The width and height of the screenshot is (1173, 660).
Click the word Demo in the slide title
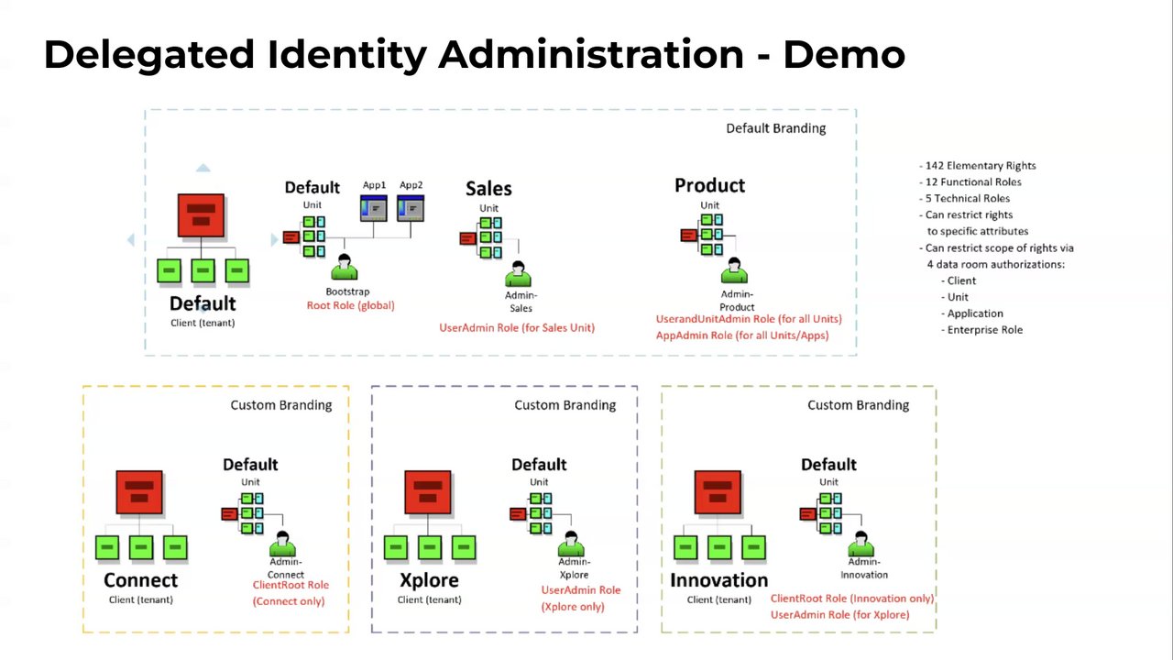coord(843,55)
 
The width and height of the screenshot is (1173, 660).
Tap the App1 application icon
coord(373,208)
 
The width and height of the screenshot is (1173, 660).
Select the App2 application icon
coord(411,208)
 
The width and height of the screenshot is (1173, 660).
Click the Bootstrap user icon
coord(345,268)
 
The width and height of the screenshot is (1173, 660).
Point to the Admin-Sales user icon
coord(519,274)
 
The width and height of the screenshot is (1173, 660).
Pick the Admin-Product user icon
coord(735,271)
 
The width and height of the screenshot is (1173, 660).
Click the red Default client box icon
coord(202,216)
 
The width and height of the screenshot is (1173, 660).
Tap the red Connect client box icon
coord(139,492)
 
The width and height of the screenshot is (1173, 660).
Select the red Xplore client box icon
coord(428,492)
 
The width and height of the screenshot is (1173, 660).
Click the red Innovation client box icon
coord(718,492)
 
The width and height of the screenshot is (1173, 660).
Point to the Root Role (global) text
coord(350,305)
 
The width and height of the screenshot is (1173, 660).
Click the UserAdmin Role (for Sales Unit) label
coord(517,327)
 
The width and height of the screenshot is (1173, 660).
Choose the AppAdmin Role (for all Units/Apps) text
coord(742,335)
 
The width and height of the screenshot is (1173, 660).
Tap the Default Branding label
coord(775,128)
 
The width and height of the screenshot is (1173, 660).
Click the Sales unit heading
coord(488,189)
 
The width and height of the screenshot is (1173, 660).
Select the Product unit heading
coord(709,185)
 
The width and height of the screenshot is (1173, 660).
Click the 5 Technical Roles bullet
coord(967,199)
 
